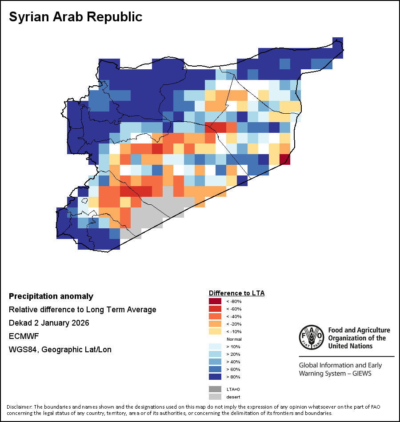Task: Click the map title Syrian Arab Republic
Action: [76, 17]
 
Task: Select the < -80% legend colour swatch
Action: [215, 301]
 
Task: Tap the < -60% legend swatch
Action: [215, 309]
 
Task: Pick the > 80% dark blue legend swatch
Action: [215, 377]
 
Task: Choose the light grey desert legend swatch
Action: [215, 397]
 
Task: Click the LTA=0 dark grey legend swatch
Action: [215, 389]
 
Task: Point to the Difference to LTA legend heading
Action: [236, 293]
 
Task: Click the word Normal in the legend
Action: [234, 339]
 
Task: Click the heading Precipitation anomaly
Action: [51, 296]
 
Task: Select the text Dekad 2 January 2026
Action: [49, 323]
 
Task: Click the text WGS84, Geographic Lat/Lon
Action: [60, 350]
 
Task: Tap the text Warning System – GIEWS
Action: [335, 373]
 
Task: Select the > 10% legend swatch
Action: [215, 346]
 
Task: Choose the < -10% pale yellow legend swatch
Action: [215, 331]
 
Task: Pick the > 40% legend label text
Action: [233, 362]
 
